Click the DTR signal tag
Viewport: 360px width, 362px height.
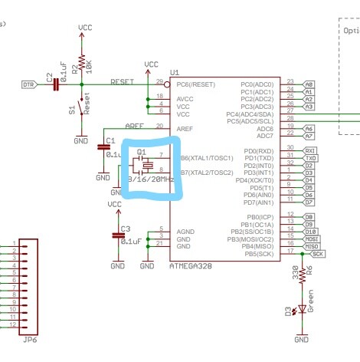28,84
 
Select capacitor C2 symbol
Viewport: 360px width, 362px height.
55,84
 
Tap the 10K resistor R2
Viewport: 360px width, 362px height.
82,62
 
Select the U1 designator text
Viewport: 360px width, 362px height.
175,71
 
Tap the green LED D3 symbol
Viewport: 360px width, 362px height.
302,309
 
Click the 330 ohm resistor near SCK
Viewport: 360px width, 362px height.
302,273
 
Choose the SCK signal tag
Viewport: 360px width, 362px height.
318,252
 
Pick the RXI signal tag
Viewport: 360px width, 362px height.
310,150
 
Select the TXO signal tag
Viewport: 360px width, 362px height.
310,158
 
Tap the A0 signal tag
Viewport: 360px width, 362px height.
309,84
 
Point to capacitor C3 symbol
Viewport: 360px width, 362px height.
117,234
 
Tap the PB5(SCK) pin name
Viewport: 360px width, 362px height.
255,252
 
